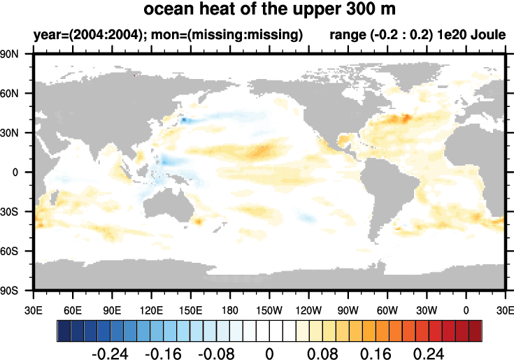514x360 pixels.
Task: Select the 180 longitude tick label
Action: (x=230, y=308)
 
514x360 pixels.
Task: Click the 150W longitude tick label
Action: (x=269, y=308)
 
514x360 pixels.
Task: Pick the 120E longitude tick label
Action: (x=151, y=308)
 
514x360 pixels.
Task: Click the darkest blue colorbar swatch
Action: (x=63, y=329)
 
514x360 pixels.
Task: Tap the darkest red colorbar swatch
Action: (x=476, y=329)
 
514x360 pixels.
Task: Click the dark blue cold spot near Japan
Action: (x=183, y=120)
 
